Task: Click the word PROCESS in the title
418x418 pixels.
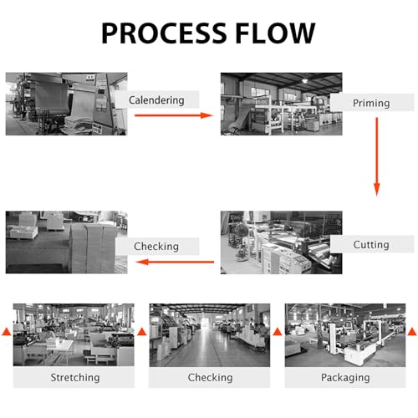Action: [x=164, y=33]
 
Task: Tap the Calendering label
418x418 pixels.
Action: [x=156, y=100]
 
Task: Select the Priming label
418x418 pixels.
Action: [x=371, y=103]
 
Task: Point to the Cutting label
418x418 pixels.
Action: [x=371, y=245]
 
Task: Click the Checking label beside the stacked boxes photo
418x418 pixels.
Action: [x=156, y=247]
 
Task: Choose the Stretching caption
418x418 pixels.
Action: [x=75, y=378]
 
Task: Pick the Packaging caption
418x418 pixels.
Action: [x=345, y=378]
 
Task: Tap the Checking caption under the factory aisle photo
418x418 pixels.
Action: [x=210, y=378]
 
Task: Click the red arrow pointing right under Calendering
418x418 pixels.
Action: [x=174, y=115]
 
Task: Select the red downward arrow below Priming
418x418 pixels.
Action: [x=377, y=157]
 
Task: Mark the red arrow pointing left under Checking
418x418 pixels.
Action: [x=175, y=262]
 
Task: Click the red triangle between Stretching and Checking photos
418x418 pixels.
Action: [x=142, y=332]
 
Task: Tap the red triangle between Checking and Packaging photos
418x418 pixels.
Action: [x=278, y=332]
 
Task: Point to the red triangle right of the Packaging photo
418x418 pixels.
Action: [x=412, y=332]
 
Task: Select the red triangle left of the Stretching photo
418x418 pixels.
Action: [x=7, y=332]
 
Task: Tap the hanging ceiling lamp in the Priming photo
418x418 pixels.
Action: [x=305, y=80]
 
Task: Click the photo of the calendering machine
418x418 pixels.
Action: [x=66, y=104]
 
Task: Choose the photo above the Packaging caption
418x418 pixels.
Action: [x=345, y=335]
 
